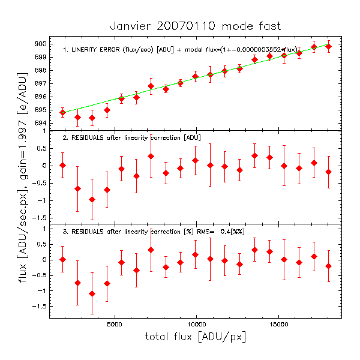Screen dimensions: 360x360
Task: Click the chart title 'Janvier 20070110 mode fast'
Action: click(x=195, y=26)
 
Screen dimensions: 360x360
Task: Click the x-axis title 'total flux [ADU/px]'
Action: click(x=195, y=337)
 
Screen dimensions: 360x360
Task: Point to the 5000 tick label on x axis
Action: click(x=115, y=323)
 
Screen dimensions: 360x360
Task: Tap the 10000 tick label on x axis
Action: click(x=197, y=323)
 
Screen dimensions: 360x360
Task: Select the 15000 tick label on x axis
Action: click(x=279, y=323)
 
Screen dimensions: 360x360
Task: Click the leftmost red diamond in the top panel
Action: click(x=62, y=112)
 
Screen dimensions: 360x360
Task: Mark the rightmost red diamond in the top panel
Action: click(x=328, y=46)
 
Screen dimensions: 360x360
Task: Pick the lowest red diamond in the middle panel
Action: click(x=92, y=199)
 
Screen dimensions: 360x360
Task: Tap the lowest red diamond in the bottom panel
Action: click(x=92, y=293)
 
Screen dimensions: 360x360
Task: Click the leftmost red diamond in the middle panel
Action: click(x=62, y=165)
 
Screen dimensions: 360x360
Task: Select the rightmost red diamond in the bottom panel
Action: click(x=328, y=266)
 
